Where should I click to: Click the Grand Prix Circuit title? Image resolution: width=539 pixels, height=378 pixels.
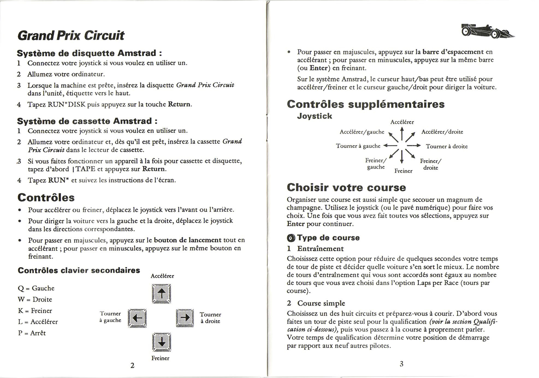pyautogui.click(x=71, y=35)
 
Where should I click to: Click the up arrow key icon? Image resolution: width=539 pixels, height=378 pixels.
pyautogui.click(x=162, y=294)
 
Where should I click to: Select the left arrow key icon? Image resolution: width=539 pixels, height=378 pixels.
pyautogui.click(x=137, y=318)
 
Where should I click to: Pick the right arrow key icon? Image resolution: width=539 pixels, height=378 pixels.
pyautogui.click(x=185, y=318)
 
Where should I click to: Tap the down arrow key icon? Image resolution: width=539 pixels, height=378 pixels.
pyautogui.click(x=162, y=342)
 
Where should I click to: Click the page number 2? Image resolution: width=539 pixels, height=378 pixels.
pyautogui.click(x=132, y=365)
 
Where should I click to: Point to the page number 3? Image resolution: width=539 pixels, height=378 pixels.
pyautogui.click(x=401, y=364)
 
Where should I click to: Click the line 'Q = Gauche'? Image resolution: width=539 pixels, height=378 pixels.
pyautogui.click(x=36, y=288)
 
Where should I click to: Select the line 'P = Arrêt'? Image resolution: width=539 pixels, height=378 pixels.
pyautogui.click(x=32, y=333)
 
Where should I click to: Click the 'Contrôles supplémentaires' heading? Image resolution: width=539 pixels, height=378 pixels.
pyautogui.click(x=366, y=104)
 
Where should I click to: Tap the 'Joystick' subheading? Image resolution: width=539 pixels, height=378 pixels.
pyautogui.click(x=315, y=116)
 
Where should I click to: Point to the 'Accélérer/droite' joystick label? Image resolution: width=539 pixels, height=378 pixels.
pyautogui.click(x=442, y=132)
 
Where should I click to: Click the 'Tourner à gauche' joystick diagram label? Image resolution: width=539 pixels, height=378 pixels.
pyautogui.click(x=358, y=146)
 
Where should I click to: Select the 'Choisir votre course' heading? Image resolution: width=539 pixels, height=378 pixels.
pyautogui.click(x=346, y=188)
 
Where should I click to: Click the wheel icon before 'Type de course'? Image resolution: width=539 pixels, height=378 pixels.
pyautogui.click(x=291, y=238)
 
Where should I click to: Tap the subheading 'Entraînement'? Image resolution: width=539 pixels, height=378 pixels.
pyautogui.click(x=320, y=249)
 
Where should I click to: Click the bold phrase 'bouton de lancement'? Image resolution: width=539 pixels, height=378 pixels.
pyautogui.click(x=188, y=240)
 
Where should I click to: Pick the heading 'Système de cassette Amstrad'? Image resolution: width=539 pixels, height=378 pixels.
pyautogui.click(x=87, y=121)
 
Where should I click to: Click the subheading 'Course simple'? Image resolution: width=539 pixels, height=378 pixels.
pyautogui.click(x=321, y=303)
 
